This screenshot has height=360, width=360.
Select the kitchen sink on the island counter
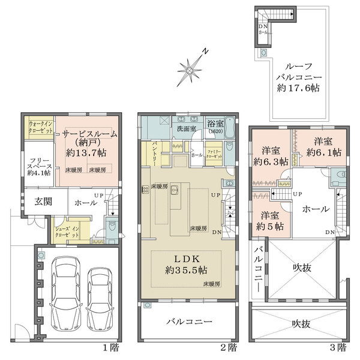coord(174,191)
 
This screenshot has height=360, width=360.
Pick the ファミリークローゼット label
coord(214,154)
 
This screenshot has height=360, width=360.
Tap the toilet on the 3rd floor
coord(338,176)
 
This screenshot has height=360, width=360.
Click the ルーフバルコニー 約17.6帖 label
coord(298,77)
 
